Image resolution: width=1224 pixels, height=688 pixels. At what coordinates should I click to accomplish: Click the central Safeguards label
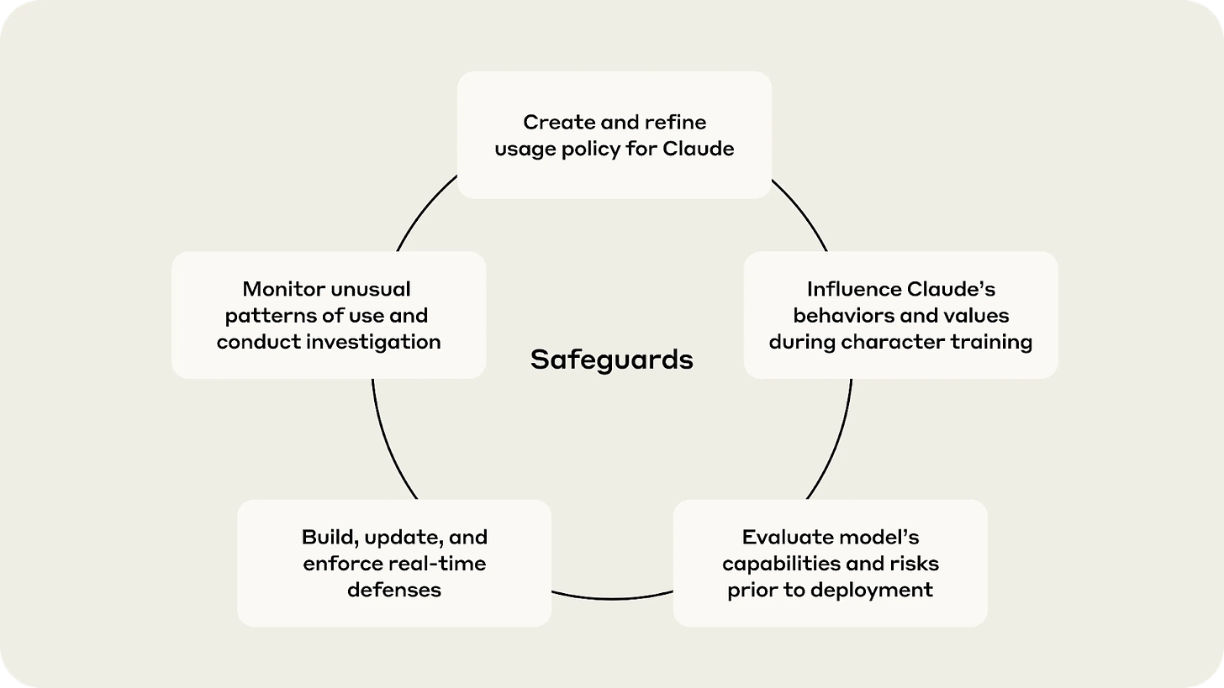612,360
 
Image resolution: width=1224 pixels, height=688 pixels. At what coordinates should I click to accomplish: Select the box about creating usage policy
614,135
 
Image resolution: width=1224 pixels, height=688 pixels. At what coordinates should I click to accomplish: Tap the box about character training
900,315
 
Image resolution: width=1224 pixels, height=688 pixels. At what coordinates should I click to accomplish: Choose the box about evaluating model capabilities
830,563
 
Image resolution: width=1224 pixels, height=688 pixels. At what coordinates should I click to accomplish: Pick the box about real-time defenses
394,563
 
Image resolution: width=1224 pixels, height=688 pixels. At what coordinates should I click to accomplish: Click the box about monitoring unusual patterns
329,315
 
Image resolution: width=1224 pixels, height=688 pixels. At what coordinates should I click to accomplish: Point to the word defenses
394,590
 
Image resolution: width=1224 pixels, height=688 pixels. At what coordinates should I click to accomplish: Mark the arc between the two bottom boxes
612,598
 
